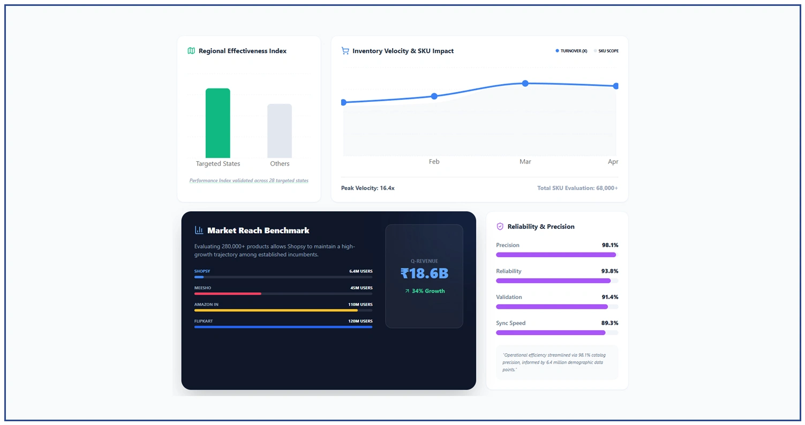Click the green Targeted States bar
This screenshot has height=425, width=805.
pos(217,123)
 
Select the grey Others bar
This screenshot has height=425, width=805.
pos(280,131)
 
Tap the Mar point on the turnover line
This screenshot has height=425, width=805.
pos(525,83)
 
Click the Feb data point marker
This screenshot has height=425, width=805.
pos(434,96)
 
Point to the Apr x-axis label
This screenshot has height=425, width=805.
pos(613,161)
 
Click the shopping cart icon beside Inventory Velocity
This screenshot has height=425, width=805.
pos(345,51)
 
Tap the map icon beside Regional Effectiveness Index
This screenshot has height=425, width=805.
pos(191,51)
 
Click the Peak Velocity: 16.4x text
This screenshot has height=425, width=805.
pos(367,188)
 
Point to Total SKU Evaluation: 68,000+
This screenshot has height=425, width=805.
pos(577,188)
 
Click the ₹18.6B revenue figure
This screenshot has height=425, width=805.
pos(424,274)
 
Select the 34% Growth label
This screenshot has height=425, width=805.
pos(425,291)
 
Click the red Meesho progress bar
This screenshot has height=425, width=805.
pos(228,294)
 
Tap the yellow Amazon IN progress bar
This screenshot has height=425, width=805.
pos(276,310)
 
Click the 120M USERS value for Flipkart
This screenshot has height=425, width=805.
pos(360,321)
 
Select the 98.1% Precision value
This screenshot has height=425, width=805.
pos(610,245)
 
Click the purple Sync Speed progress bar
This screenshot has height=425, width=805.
pos(551,333)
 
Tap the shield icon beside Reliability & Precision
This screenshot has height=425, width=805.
pos(500,227)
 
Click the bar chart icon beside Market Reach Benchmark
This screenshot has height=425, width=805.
pos(199,230)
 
